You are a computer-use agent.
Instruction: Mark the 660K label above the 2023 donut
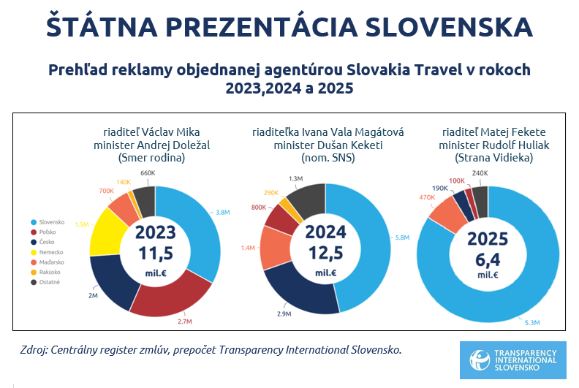tap(146, 173)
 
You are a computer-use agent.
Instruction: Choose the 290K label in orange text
tap(270, 192)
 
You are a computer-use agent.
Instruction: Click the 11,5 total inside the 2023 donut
tap(155, 254)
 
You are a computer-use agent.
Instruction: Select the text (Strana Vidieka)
tap(487, 157)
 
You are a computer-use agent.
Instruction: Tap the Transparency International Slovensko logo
tap(512, 360)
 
